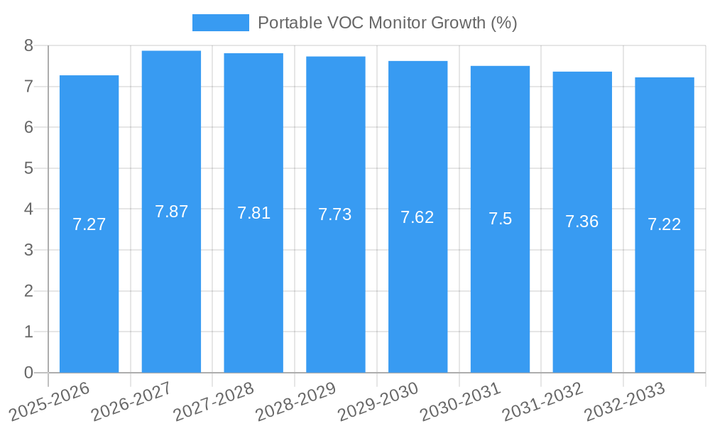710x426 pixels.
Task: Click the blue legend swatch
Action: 220,23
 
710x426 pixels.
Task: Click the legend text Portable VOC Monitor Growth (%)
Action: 387,23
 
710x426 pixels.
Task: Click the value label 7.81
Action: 253,213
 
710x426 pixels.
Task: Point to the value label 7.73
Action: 335,214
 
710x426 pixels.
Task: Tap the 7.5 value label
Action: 500,219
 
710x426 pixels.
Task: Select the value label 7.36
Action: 582,222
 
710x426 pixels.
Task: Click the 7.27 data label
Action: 89,224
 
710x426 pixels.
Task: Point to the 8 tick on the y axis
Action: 28,45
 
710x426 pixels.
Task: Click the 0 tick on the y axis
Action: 28,373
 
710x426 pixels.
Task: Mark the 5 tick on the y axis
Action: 28,168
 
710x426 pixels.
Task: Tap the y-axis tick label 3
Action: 28,250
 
